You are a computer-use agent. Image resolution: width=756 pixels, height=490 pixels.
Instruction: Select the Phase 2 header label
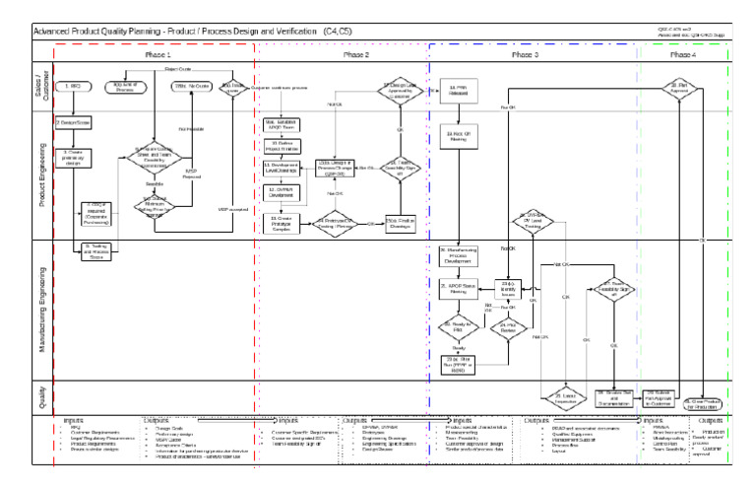coord(356,54)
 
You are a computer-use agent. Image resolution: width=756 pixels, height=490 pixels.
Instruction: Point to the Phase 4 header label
coord(682,54)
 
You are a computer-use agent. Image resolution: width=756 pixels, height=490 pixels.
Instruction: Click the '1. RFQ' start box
coord(74,87)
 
